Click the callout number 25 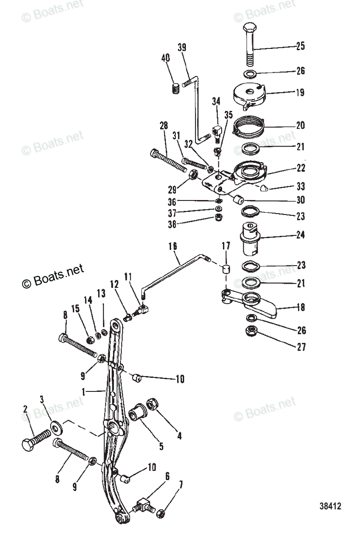point(300,46)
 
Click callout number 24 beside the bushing point(300,235)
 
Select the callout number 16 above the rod point(173,247)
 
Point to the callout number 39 point(182,48)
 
